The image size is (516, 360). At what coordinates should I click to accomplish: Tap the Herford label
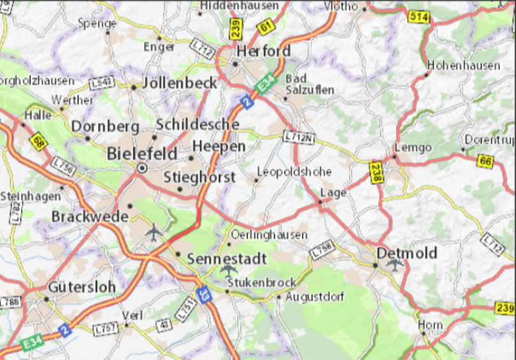tap(263, 50)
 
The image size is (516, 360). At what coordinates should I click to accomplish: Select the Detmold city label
tap(407, 253)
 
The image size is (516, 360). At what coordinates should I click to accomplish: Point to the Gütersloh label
tap(82, 287)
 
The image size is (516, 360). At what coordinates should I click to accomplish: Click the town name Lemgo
tap(413, 147)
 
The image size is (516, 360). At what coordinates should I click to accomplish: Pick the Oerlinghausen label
tap(270, 235)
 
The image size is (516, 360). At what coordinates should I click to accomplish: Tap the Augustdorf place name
tap(315, 297)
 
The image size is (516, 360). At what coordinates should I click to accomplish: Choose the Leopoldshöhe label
tap(294, 172)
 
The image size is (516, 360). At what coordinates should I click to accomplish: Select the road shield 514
tap(418, 17)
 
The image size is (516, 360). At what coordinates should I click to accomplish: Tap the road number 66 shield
tap(485, 161)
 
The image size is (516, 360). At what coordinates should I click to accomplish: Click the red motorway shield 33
tap(203, 294)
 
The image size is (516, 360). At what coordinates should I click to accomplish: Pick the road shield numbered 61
tap(265, 28)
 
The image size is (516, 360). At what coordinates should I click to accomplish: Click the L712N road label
tap(299, 137)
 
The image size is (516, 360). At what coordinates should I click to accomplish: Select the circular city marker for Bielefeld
tap(142, 168)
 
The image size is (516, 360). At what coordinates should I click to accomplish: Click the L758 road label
tap(323, 251)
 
